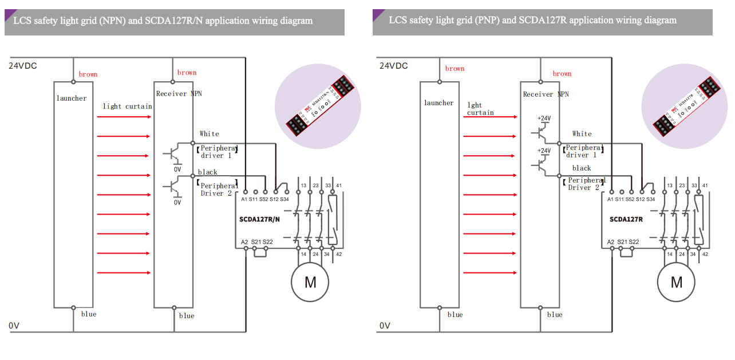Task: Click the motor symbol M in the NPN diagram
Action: tap(310, 282)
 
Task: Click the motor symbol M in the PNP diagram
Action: tap(677, 282)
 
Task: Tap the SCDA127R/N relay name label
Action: tap(260, 219)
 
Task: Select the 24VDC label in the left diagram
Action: tap(23, 66)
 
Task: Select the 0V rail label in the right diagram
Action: tap(385, 326)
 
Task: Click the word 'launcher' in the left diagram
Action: tap(72, 98)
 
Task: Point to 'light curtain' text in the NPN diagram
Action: tap(127, 106)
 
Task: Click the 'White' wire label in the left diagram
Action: tap(209, 134)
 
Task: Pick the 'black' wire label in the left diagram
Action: tap(207, 172)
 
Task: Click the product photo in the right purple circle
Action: tap(685, 105)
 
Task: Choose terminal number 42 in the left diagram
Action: tap(339, 254)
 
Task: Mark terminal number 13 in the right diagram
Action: tap(669, 185)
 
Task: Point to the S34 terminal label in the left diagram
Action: tap(284, 199)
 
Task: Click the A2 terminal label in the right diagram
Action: tap(611, 242)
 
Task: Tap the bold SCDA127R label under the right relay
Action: tap(626, 219)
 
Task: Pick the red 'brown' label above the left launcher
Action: tap(88, 74)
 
